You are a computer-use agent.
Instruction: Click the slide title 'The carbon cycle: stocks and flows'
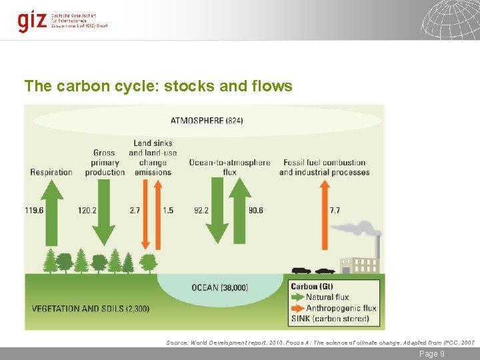click(158, 86)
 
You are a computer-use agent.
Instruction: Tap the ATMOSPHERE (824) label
click(207, 121)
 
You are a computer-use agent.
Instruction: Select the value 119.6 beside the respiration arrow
click(35, 210)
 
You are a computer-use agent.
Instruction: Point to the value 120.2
click(87, 210)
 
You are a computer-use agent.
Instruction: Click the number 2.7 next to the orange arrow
click(135, 210)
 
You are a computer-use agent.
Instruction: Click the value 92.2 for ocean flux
click(201, 210)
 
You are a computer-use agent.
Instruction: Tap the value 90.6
click(255, 210)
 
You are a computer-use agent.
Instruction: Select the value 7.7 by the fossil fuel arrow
click(335, 210)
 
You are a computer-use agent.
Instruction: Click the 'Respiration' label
click(51, 172)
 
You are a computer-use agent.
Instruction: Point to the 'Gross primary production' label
click(105, 162)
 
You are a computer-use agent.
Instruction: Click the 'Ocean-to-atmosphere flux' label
click(230, 167)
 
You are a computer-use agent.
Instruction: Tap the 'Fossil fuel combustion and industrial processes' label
click(324, 167)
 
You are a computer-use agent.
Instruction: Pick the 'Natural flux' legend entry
click(327, 297)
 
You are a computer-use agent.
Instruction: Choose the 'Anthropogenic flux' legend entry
click(340, 308)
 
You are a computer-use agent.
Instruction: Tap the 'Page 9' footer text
click(431, 354)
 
